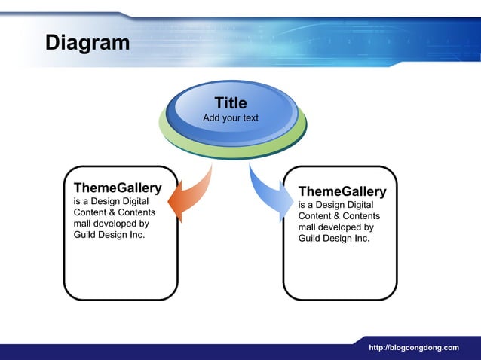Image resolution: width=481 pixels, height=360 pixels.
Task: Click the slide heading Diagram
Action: point(87,42)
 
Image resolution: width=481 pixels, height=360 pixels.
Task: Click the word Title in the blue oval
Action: point(231,103)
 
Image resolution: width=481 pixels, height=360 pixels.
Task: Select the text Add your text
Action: point(231,118)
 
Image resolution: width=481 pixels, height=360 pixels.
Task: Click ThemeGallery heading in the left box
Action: point(117,187)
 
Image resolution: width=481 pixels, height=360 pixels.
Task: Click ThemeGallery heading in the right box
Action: point(342,191)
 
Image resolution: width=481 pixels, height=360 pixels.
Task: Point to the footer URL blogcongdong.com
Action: point(413,347)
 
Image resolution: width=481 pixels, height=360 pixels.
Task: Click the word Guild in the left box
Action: point(85,235)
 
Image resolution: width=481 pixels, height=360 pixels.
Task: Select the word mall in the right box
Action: point(307,227)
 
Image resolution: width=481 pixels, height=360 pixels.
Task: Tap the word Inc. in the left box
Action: point(136,235)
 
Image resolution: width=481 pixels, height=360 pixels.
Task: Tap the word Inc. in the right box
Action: point(361,238)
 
